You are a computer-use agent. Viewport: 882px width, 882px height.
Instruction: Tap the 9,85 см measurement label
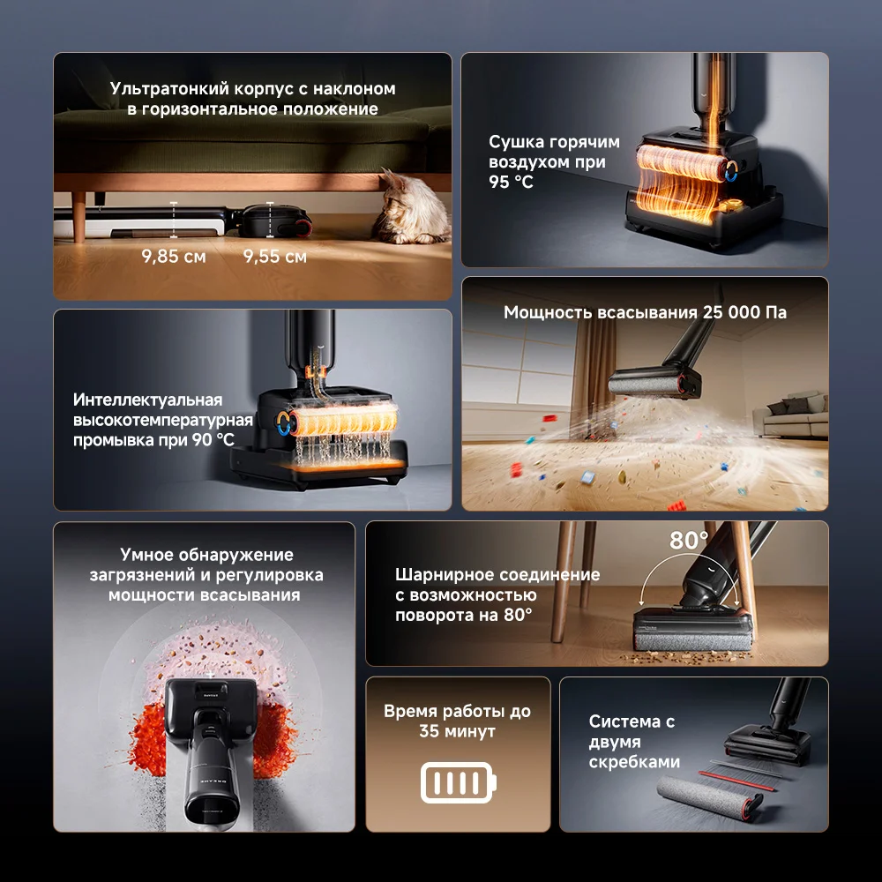click(x=174, y=257)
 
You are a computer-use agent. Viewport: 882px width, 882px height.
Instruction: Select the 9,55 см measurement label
click(x=275, y=257)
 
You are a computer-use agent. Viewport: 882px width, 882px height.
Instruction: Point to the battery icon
click(x=459, y=781)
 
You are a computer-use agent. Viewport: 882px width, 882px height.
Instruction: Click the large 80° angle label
click(x=689, y=541)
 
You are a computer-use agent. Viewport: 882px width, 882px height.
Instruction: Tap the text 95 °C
click(x=511, y=183)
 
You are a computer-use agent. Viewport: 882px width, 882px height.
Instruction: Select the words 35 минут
click(x=457, y=731)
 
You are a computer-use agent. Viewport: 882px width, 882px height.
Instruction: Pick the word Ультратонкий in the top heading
click(x=169, y=89)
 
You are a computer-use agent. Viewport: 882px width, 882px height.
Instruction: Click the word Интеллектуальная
click(x=148, y=400)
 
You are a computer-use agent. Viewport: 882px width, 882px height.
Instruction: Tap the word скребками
click(x=634, y=762)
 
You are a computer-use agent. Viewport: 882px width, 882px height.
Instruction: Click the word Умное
click(x=146, y=555)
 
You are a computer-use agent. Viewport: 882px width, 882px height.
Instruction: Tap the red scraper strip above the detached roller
click(x=736, y=781)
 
